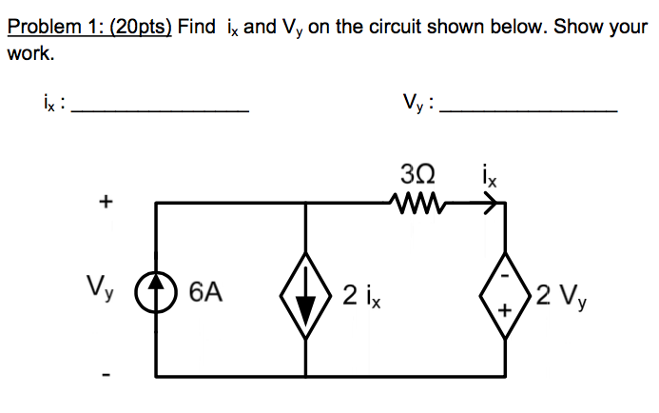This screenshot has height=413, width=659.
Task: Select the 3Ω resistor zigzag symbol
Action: point(415,201)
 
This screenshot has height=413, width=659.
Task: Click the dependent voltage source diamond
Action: point(505,292)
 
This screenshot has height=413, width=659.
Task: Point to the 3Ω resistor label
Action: point(415,175)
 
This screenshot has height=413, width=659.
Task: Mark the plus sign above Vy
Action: point(106,202)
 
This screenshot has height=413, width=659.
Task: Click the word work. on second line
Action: point(30,53)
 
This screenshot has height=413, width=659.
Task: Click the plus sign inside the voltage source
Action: point(506,309)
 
